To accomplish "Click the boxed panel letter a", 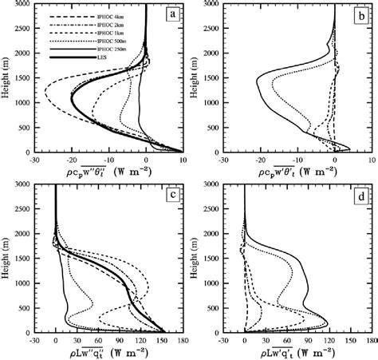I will click(x=171, y=16).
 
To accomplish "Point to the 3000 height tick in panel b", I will click(x=208, y=6).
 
